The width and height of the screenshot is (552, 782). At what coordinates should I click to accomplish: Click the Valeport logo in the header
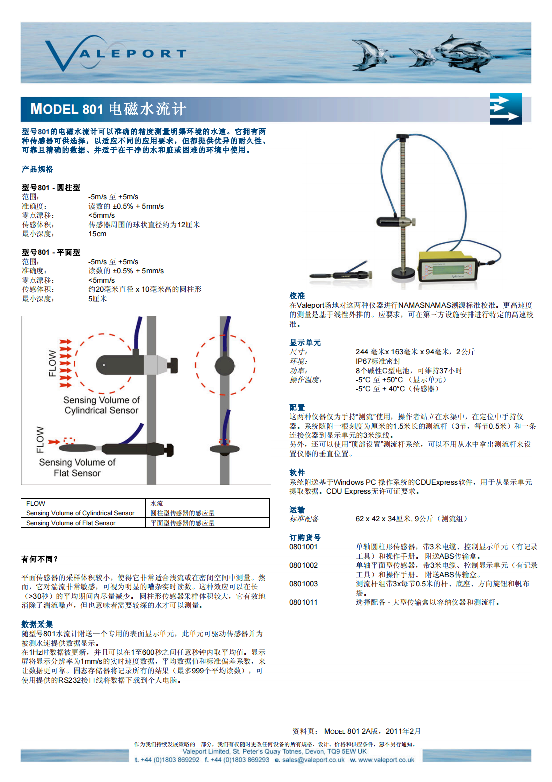click(115, 53)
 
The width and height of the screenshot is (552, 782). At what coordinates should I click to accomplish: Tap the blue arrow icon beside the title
click(505, 109)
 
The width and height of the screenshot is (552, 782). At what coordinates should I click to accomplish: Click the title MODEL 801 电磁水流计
click(108, 109)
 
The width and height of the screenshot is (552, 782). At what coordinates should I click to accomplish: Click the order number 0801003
click(303, 584)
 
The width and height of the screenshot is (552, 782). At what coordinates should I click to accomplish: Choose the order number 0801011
click(303, 602)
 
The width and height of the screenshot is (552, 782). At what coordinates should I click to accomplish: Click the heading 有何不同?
click(40, 559)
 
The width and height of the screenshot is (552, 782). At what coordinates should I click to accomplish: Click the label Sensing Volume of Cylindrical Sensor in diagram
click(101, 405)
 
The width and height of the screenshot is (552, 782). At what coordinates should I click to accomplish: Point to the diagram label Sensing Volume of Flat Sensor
click(77, 467)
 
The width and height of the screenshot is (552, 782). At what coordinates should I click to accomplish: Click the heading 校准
click(297, 296)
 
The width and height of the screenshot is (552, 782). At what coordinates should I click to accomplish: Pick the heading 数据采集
click(37, 624)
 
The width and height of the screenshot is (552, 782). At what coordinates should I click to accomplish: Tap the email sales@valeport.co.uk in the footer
click(313, 760)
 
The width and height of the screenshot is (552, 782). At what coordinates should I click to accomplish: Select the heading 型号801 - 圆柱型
click(51, 187)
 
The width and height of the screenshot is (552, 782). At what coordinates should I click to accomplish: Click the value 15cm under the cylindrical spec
click(97, 234)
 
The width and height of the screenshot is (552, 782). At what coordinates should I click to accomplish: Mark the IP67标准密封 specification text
click(378, 361)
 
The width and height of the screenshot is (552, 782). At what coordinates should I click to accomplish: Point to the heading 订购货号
click(305, 537)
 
